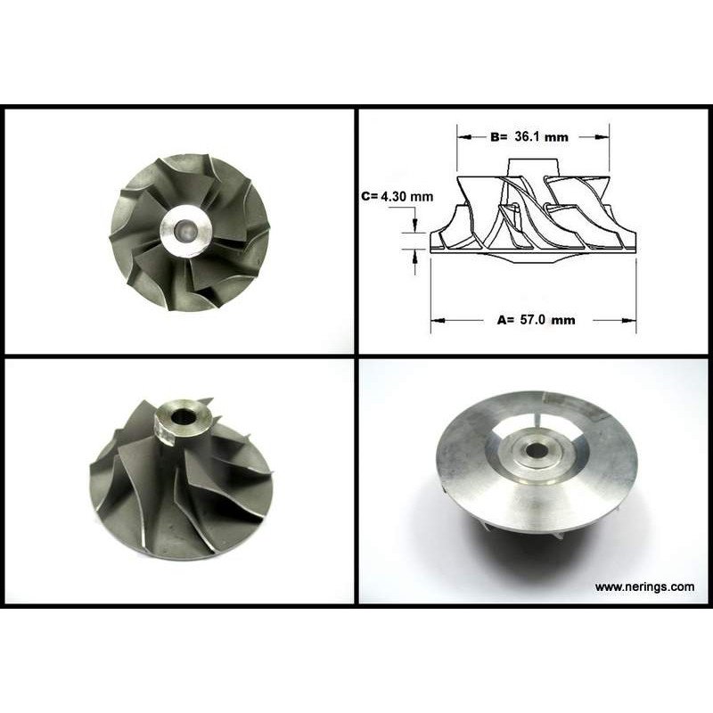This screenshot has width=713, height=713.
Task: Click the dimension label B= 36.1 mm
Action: pyautogui.click(x=529, y=136)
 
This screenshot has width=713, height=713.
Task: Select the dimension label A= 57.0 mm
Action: pyautogui.click(x=537, y=320)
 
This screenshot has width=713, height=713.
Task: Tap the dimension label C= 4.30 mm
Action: pyautogui.click(x=397, y=196)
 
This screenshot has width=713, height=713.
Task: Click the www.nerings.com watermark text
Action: pyautogui.click(x=644, y=586)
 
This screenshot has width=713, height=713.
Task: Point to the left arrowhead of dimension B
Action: pyautogui.click(x=463, y=136)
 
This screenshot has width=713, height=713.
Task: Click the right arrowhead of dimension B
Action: pyautogui.click(x=602, y=136)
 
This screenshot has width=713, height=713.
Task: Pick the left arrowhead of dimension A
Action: pyautogui.click(x=438, y=320)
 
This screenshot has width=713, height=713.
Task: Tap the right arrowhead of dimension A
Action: pyautogui.click(x=629, y=320)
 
